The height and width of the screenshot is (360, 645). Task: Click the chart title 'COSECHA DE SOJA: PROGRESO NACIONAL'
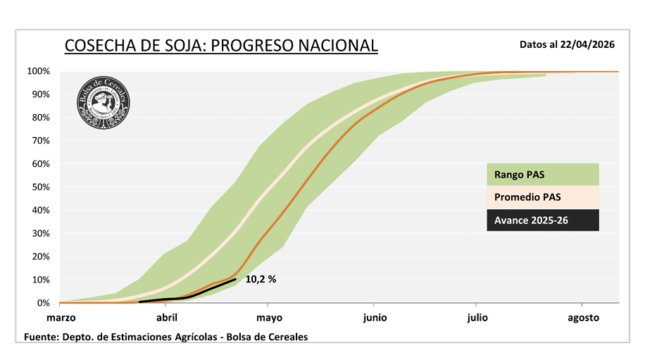(221, 46)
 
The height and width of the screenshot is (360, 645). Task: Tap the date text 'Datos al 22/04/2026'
(567, 44)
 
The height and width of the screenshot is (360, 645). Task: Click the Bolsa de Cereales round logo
(104, 102)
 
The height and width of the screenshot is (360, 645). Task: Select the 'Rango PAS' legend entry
(542, 174)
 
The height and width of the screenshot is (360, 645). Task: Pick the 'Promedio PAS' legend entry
(542, 197)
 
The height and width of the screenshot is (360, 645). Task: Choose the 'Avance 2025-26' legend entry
(542, 220)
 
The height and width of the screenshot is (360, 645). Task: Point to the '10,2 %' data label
(261, 279)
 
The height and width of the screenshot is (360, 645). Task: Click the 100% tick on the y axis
(38, 71)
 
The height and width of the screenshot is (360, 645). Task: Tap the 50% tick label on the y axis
(39, 187)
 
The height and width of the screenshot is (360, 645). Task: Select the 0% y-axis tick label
(42, 303)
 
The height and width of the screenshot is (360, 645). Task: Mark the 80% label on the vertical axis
(39, 118)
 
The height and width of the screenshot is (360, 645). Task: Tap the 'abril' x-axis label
(166, 318)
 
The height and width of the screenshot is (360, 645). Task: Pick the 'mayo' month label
(269, 318)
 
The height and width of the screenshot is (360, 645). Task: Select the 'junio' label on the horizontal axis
(375, 318)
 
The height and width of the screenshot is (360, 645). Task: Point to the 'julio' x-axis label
(477, 318)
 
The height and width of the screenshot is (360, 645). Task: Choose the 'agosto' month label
(583, 318)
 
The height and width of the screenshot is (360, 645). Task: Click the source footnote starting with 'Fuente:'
(165, 337)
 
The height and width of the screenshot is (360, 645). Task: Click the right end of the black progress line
(235, 279)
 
